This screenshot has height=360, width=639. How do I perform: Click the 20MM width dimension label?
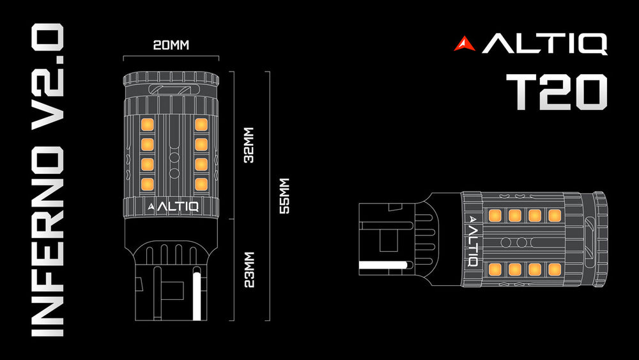click(171, 45)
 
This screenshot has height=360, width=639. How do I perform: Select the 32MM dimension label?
click(249, 145)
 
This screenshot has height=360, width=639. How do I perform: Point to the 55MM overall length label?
click(286, 196)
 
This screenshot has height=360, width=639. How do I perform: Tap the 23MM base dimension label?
click(249, 269)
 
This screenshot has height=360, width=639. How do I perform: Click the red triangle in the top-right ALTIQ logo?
click(465, 44)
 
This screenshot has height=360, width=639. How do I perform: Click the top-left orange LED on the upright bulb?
click(146, 123)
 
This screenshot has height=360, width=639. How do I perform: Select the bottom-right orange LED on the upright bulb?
click(201, 185)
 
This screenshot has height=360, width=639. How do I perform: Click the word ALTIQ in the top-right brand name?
click(544, 44)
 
